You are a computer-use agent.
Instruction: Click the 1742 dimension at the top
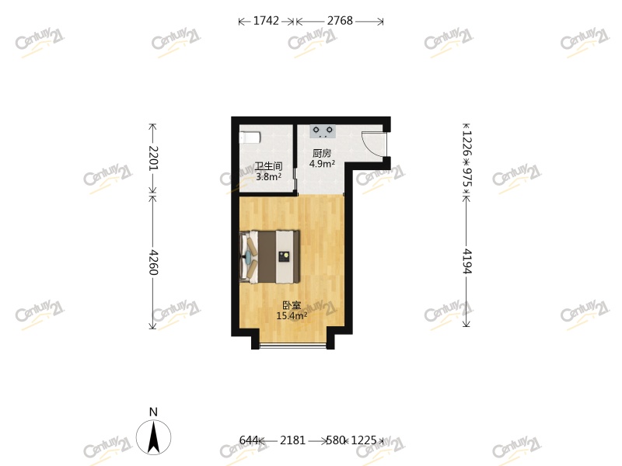tap(266, 21)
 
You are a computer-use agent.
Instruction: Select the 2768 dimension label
tap(340, 21)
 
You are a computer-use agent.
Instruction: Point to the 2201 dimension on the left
tap(153, 158)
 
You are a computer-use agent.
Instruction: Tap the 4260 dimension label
tap(153, 263)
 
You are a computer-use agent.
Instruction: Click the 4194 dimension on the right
tap(467, 262)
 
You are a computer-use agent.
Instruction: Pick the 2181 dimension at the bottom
tap(293, 440)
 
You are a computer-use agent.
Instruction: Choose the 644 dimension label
tap(249, 440)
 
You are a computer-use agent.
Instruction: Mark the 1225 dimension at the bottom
tap(364, 440)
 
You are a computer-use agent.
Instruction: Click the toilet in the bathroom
tap(250, 137)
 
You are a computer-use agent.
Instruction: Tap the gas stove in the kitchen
tap(323, 131)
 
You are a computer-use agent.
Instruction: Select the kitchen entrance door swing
tap(373, 144)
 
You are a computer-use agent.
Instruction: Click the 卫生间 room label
tap(268, 166)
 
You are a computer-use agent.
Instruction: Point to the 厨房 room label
tap(322, 153)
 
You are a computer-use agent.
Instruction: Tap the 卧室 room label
tap(292, 305)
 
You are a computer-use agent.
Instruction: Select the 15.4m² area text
tap(292, 315)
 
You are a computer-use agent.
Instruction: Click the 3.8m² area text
tap(268, 177)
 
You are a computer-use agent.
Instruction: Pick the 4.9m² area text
tap(322, 163)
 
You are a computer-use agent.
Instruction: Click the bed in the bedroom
tap(269, 257)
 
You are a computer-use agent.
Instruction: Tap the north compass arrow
tap(153, 437)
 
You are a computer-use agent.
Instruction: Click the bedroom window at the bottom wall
tap(293, 346)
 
